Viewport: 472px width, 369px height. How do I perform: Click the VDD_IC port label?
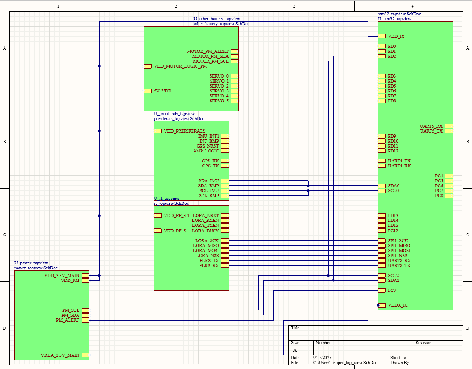pyautogui.click(x=396, y=36)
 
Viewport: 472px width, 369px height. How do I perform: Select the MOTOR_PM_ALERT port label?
pyautogui.click(x=207, y=51)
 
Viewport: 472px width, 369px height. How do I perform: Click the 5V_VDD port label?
pyautogui.click(x=162, y=91)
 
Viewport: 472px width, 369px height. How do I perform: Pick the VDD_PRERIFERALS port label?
pyautogui.click(x=184, y=131)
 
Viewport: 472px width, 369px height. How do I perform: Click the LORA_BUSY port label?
pyautogui.click(x=205, y=231)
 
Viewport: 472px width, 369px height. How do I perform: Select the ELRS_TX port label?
pyautogui.click(x=209, y=261)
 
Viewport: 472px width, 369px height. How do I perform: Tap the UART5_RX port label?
pyautogui.click(x=431, y=126)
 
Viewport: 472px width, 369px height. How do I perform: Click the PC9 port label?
pyautogui.click(x=392, y=291)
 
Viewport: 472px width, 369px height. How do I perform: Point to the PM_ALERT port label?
pyautogui.click(x=67, y=320)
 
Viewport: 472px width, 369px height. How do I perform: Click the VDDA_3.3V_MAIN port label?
pyautogui.click(x=60, y=355)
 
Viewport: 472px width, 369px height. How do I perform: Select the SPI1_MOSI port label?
pyautogui.click(x=399, y=251)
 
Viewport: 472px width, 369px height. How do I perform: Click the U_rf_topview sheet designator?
pyautogui.click(x=166, y=198)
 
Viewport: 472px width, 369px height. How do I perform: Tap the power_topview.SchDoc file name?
pyautogui.click(x=36, y=268)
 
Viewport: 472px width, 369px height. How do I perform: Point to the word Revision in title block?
pyautogui.click(x=423, y=343)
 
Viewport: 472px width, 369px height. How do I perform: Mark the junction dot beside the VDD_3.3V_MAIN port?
pyautogui.click(x=99, y=275)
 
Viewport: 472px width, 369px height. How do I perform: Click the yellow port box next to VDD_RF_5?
pyautogui.click(x=158, y=231)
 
